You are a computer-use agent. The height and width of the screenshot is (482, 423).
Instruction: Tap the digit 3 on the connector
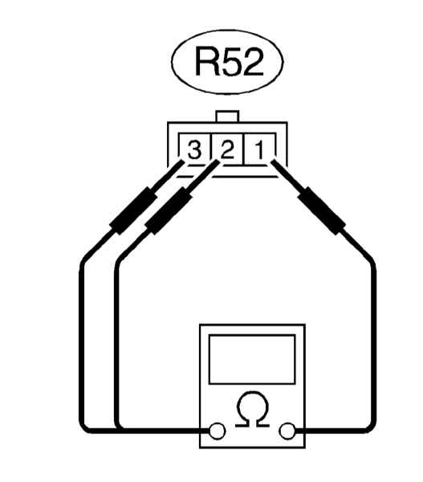(x=194, y=150)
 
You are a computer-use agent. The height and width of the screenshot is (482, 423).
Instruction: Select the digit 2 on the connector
(x=227, y=149)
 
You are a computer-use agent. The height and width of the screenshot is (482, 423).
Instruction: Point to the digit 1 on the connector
(x=259, y=150)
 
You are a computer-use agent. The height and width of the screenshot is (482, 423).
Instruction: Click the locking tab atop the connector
(x=227, y=116)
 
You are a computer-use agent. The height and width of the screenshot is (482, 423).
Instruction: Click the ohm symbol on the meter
(x=253, y=410)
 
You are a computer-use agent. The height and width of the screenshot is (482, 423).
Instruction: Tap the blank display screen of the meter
(x=252, y=359)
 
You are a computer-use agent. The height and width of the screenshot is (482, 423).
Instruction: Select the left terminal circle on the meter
(x=217, y=431)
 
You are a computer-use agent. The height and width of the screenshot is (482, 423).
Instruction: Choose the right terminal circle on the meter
(x=287, y=431)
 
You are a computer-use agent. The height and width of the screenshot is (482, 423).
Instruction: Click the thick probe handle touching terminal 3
(x=133, y=210)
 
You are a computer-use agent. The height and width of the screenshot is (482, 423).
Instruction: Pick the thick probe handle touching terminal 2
(x=169, y=210)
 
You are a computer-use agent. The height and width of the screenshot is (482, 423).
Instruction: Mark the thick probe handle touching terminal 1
(x=322, y=210)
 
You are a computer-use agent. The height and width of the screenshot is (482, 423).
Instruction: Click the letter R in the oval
(x=206, y=61)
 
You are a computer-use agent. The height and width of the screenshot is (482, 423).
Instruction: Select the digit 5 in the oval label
(x=232, y=62)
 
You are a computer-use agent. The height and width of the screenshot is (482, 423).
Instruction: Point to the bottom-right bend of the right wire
(x=370, y=427)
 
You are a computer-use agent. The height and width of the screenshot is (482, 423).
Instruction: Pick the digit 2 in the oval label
(x=254, y=61)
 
